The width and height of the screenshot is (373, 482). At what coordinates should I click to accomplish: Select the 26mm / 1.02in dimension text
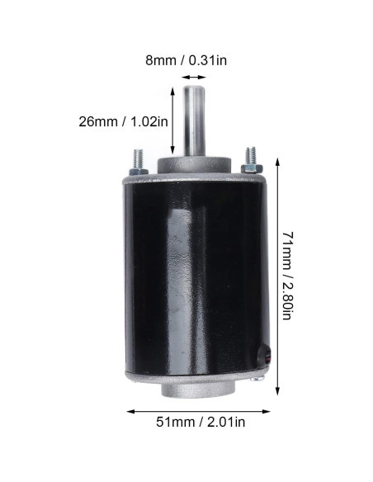tap(124, 120)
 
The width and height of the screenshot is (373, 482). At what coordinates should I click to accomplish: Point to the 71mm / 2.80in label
tap(285, 276)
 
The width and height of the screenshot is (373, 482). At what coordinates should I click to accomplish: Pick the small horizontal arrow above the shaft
tap(195, 76)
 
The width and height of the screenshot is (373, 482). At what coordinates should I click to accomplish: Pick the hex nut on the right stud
tap(251, 168)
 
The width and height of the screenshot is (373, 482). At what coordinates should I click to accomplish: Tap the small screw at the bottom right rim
tap(259, 378)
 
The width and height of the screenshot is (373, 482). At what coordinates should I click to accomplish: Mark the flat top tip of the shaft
tap(195, 87)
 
